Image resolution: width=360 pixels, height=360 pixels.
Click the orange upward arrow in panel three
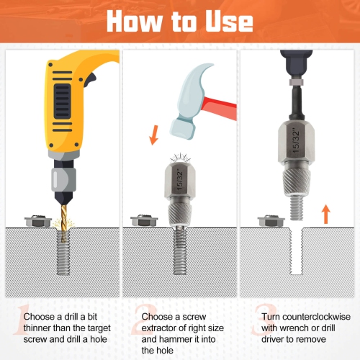(325, 214)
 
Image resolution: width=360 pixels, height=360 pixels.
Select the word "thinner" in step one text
(41, 328)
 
